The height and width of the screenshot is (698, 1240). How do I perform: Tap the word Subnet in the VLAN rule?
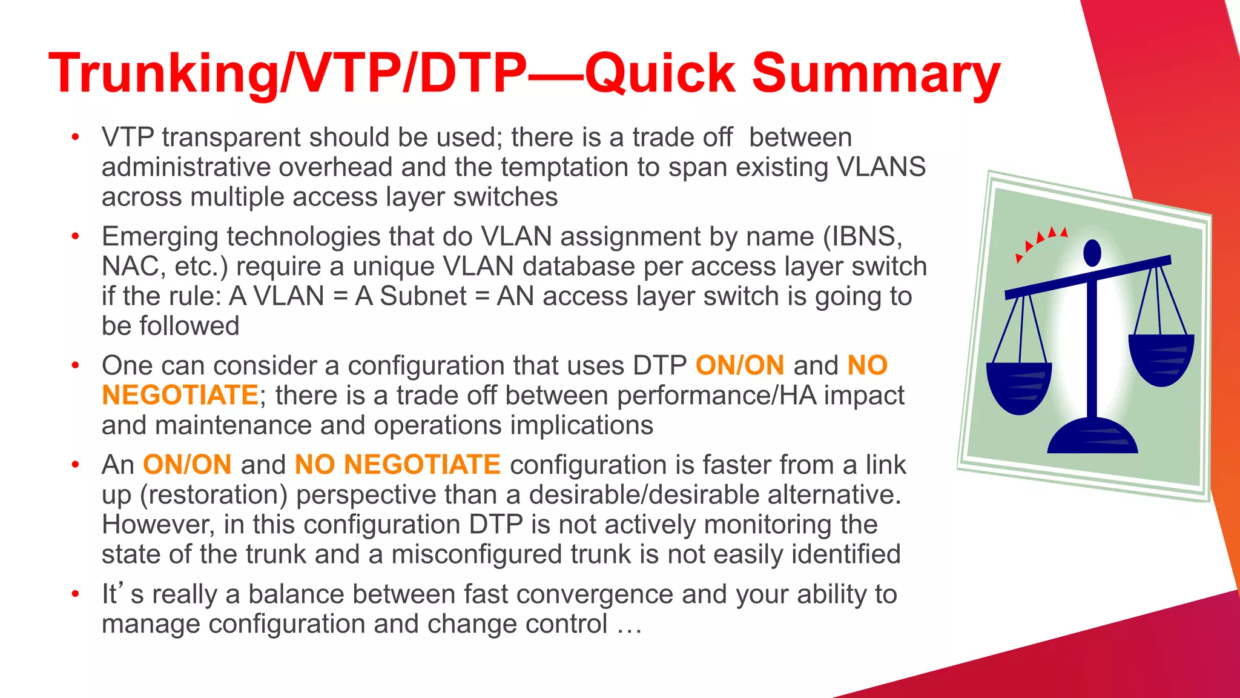(423, 296)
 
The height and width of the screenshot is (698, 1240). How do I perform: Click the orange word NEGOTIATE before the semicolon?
(180, 396)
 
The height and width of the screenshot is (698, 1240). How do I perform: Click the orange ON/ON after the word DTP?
(739, 366)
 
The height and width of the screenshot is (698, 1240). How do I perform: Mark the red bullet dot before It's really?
(75, 594)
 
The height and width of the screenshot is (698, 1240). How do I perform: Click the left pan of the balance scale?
(1019, 387)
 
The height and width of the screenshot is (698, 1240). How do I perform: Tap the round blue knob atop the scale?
(1092, 251)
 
